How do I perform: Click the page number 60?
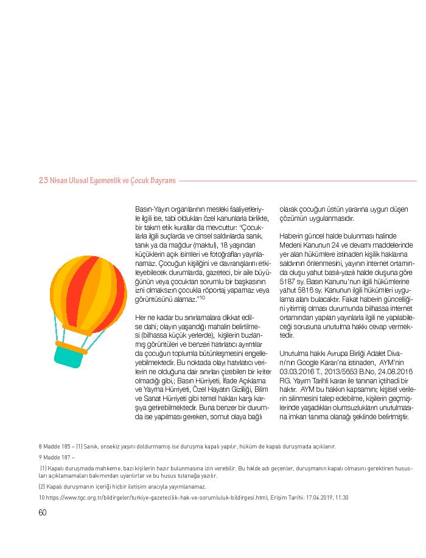click(x=43, y=512)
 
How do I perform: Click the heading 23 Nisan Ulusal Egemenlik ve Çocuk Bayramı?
click(x=107, y=181)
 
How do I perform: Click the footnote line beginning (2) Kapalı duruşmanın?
click(x=122, y=487)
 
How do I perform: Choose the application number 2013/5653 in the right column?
click(x=337, y=371)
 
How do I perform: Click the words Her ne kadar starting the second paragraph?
click(x=152, y=318)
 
